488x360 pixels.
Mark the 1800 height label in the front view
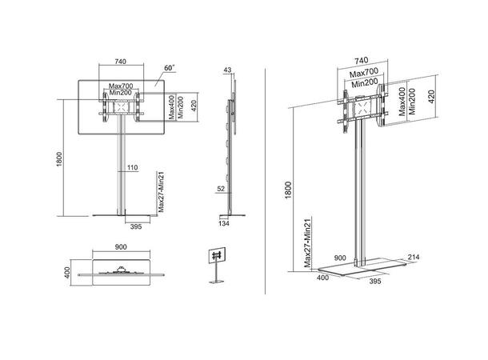tap(59, 160)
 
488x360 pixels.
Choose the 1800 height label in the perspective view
tap(289, 192)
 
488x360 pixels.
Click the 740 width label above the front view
tap(121, 61)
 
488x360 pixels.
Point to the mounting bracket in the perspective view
tap(360, 109)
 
